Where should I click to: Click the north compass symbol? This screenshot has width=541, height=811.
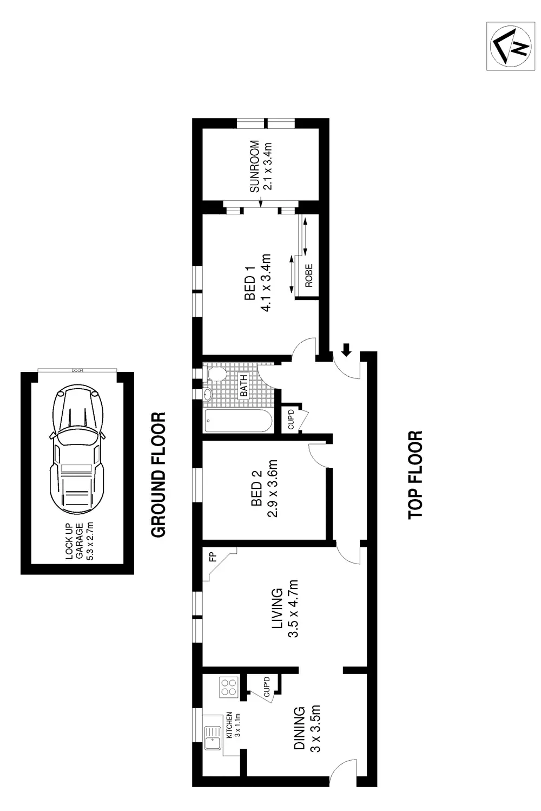(x=511, y=46)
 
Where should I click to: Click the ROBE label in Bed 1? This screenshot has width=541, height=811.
(x=309, y=276)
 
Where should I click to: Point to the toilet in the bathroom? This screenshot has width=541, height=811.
(x=216, y=372)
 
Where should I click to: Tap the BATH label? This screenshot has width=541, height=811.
(x=243, y=386)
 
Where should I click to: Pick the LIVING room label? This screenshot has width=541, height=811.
(x=277, y=609)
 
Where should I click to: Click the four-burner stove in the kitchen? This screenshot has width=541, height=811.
(x=229, y=686)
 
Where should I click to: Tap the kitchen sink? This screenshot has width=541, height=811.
(x=213, y=737)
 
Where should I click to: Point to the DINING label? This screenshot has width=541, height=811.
(x=299, y=728)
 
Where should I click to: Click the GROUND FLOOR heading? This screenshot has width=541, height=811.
(x=158, y=475)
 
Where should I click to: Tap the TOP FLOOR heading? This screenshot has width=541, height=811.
(x=415, y=475)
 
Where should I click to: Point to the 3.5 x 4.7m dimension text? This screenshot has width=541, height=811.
(x=293, y=609)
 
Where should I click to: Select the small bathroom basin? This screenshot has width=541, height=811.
(x=208, y=394)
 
